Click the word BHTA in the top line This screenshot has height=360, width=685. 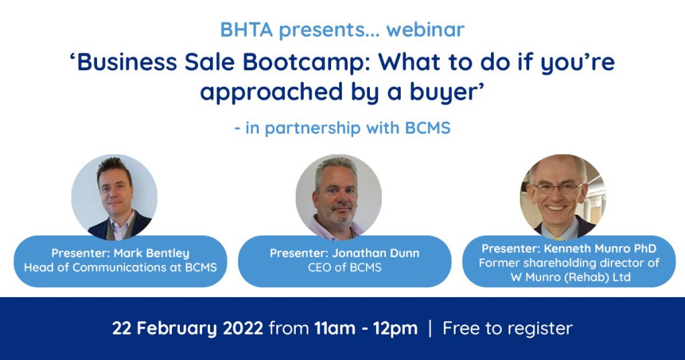pos(246,29)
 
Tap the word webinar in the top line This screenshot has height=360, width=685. pos(425,29)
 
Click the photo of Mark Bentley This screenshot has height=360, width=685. pos(114,197)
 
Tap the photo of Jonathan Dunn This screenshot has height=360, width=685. pos(338,197)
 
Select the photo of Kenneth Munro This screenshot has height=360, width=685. pos(563,197)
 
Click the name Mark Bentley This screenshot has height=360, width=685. pos(152,253)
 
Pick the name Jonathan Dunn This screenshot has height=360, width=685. pos(376,253)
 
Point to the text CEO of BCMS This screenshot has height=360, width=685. pos(345,268)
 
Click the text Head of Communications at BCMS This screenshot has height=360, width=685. pos(120,268)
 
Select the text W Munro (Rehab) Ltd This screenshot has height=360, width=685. pos(571,277)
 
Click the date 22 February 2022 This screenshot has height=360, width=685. pos(188,329)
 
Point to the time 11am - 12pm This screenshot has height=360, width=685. pos(366,329)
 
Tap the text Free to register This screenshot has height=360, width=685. pos(507,329)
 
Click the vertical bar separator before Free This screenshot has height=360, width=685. pos(430,329)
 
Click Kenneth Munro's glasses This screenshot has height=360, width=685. pos(557,188)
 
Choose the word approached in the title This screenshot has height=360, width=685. pos(272,92)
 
